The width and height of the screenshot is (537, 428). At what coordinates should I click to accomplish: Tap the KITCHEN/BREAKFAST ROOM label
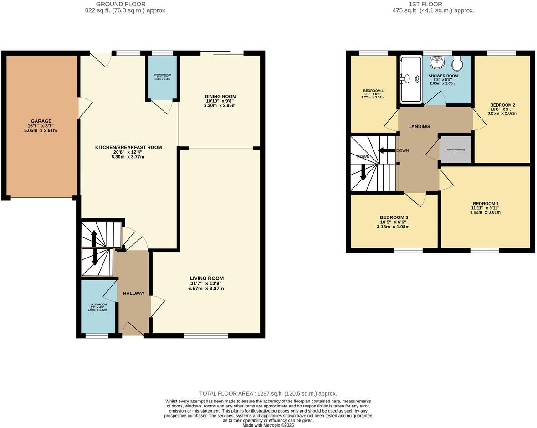[x=128, y=147]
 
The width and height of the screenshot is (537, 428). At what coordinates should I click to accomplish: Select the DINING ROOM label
[x=220, y=96]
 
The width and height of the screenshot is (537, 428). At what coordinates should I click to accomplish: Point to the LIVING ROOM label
[x=207, y=278]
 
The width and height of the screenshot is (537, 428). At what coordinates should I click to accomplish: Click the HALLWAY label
[x=133, y=293]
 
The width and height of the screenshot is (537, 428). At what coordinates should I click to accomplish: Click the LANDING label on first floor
[x=419, y=126]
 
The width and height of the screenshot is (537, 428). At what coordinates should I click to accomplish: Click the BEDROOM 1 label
[x=486, y=203]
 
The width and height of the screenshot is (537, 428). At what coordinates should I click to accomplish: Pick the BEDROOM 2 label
[x=502, y=105]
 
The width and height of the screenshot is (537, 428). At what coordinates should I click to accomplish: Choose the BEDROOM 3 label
[x=394, y=217]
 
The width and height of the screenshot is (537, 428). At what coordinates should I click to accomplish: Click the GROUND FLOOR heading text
[x=115, y=4]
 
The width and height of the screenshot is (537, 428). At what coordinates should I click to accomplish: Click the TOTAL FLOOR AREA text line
[x=268, y=393]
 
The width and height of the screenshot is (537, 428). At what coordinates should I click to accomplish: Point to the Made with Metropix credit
[x=268, y=425]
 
